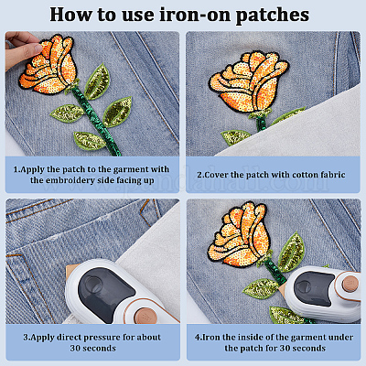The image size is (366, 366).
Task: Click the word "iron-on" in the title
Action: pos(196,15)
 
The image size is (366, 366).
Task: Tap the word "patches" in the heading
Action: pos(273,16)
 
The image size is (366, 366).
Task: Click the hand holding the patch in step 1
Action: pos(21,49)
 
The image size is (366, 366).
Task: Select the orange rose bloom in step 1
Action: pos(48,65)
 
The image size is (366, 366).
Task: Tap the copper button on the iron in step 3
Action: pos(145,316)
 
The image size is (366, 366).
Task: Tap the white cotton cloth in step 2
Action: pos(305,128)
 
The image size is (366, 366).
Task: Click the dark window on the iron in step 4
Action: pos(314,286)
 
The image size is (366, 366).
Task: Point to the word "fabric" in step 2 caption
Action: pos(333,175)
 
